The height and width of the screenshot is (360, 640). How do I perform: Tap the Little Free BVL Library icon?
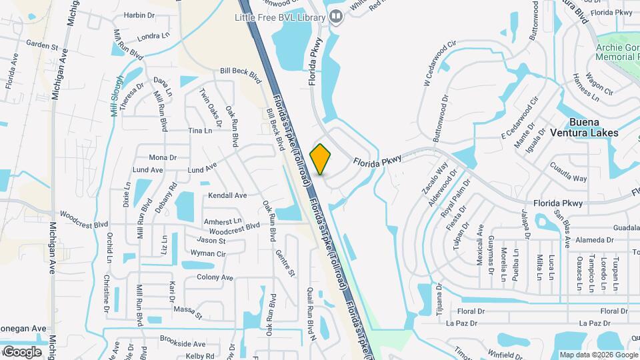click(337, 15)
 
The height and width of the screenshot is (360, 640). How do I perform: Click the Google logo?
click(22, 351)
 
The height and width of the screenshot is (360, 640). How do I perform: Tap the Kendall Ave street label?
click(227, 195)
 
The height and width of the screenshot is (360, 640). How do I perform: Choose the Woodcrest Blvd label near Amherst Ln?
click(234, 227)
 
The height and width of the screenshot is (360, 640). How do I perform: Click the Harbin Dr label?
click(139, 15)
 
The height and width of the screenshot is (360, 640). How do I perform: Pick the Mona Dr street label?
click(163, 158)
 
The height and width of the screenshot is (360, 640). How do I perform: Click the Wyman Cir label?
click(209, 254)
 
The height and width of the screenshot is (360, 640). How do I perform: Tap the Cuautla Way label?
click(569, 179)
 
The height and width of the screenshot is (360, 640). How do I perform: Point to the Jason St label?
click(211, 240)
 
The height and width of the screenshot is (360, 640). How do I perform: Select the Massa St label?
click(187, 309)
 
